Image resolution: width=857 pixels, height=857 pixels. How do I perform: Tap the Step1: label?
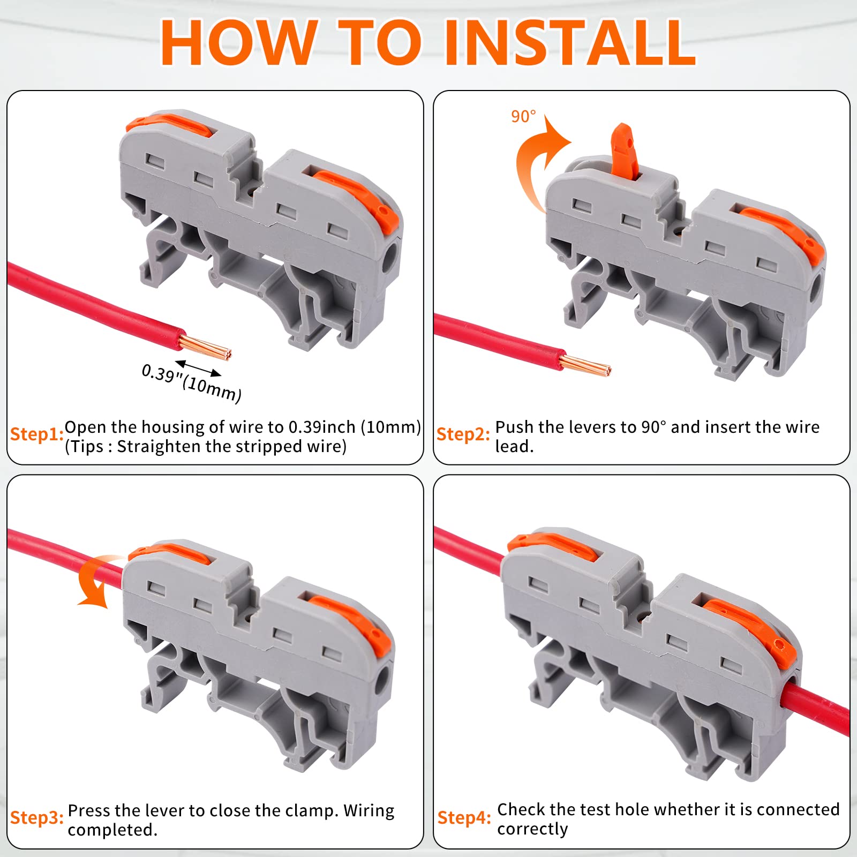(x=37, y=434)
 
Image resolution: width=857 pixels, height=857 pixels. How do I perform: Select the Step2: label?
(x=463, y=434)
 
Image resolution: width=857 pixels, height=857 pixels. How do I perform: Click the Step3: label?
(x=37, y=817)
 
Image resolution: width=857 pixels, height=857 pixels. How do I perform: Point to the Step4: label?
(x=464, y=817)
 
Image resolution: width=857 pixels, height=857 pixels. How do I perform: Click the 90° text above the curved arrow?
(x=523, y=116)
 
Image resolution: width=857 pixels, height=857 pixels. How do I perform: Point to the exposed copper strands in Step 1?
(x=206, y=347)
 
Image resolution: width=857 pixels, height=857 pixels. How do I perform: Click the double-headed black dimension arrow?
(x=198, y=369)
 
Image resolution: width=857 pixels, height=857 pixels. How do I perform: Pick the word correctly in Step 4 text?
(x=532, y=829)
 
